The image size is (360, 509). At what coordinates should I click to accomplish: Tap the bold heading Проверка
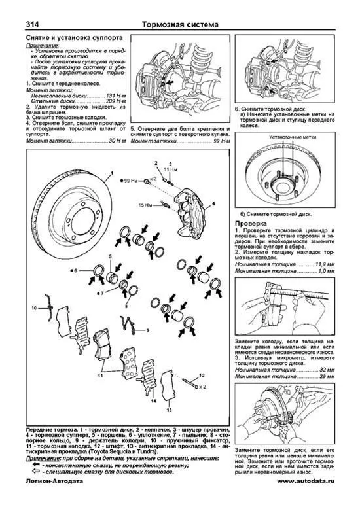[249, 223]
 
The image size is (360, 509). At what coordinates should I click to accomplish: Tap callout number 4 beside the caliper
[213, 204]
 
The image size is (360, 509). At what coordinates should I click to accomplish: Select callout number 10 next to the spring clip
[35, 307]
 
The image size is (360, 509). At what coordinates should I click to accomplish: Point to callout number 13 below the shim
[168, 412]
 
